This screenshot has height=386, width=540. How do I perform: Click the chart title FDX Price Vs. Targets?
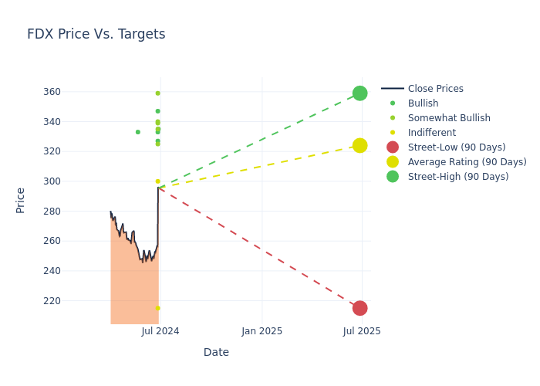point(96,34)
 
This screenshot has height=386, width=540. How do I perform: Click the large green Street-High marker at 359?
point(359,93)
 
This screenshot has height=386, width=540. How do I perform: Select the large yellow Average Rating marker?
point(359,145)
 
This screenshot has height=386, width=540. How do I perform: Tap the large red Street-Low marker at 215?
point(359,308)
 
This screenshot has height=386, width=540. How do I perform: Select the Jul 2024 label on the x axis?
point(160,331)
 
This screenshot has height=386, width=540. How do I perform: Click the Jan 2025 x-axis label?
point(262,331)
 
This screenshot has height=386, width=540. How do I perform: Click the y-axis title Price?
point(21,200)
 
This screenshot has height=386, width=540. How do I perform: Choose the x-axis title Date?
point(216,352)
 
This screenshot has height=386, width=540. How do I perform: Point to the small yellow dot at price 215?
point(157,308)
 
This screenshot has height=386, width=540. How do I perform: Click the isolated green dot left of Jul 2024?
point(138,132)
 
